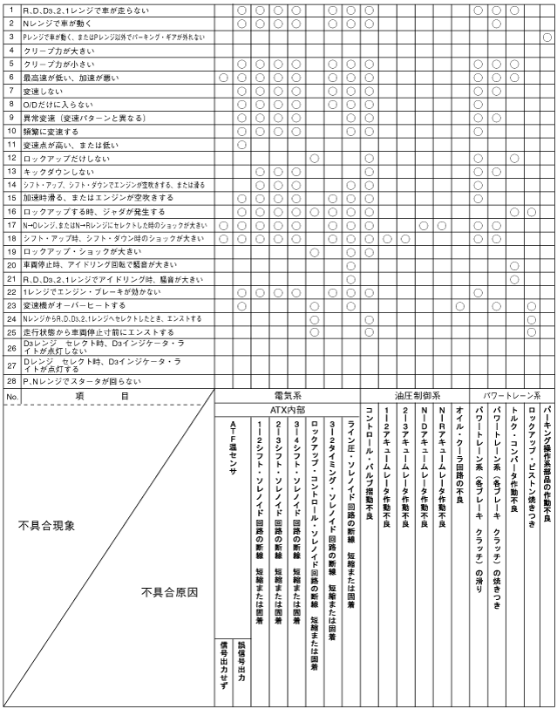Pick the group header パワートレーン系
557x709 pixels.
tap(510, 394)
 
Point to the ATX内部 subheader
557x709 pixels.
tap(287, 407)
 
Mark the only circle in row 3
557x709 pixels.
tap(546, 37)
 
